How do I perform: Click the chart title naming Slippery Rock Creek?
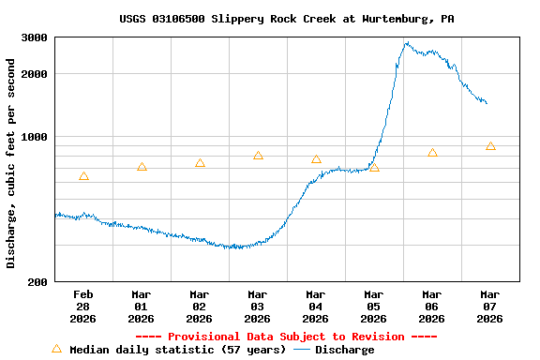click(286, 19)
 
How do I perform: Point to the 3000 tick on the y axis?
click(35, 37)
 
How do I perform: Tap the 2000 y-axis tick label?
click(35, 74)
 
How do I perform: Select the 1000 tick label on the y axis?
click(35, 137)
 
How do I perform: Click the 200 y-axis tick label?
click(38, 282)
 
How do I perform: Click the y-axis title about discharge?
click(11, 163)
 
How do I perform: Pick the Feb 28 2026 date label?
click(83, 307)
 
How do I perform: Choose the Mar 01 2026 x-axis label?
click(142, 307)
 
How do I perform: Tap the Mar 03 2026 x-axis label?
click(258, 307)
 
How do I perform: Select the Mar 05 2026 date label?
click(374, 307)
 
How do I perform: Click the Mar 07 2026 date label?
click(490, 307)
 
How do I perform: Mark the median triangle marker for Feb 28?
click(83, 176)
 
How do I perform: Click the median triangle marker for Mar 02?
click(200, 163)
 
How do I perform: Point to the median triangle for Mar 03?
click(258, 156)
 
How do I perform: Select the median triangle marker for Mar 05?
click(374, 168)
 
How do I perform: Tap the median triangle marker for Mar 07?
click(490, 146)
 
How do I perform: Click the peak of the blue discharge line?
click(407, 42)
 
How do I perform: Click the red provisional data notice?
click(286, 337)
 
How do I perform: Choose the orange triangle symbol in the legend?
click(56, 349)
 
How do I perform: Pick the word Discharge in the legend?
click(344, 350)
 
